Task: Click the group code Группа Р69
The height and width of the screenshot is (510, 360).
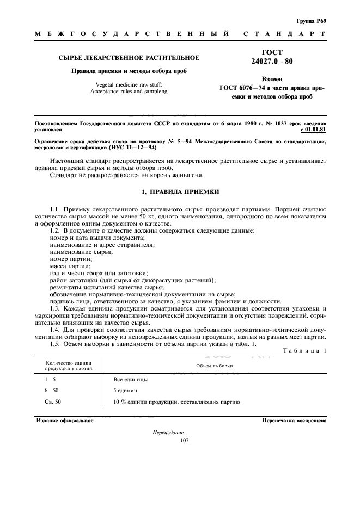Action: (x=312, y=21)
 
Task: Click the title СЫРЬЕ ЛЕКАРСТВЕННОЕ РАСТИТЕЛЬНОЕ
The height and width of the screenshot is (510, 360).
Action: (x=129, y=57)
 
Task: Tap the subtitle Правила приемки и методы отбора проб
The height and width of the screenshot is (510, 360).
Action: (x=129, y=71)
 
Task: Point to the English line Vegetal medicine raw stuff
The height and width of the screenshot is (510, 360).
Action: (x=129, y=84)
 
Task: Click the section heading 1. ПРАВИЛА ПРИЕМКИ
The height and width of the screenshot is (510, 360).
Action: (x=180, y=192)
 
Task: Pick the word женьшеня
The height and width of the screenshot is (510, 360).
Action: (x=173, y=175)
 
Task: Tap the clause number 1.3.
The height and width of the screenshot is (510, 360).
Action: (x=56, y=308)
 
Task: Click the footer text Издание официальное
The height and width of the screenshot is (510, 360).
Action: (x=65, y=421)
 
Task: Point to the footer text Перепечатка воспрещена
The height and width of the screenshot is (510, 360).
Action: (x=294, y=421)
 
